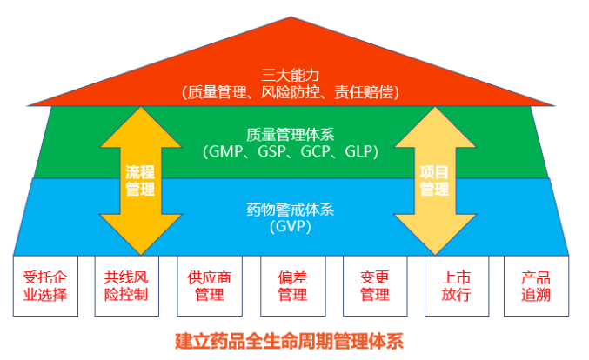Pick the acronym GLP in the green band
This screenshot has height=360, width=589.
pyautogui.click(x=360, y=151)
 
